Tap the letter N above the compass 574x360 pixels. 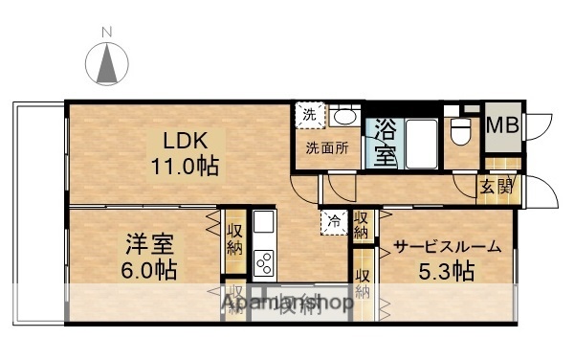pos(107,33)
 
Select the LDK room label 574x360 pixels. pos(182,137)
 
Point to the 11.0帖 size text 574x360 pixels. pos(182,165)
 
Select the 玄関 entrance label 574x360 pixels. pos(497,187)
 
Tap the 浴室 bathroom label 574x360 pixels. pos(386,141)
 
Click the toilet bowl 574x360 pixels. pos(460,128)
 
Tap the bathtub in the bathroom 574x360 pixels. pos(421,143)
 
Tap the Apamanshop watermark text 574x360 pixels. pos(287,304)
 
